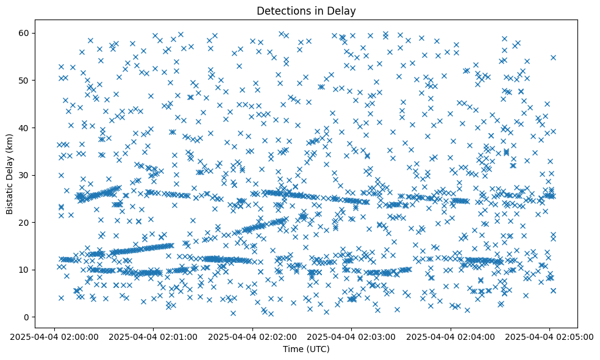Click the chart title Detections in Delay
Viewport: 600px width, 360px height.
tap(306, 10)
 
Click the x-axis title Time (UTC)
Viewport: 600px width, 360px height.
tap(306, 349)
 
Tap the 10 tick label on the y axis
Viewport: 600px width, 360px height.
tap(25, 270)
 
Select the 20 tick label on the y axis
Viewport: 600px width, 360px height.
tap(25, 222)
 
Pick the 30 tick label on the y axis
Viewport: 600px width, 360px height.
tap(25, 175)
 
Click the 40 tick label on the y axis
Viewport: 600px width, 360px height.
tap(25, 128)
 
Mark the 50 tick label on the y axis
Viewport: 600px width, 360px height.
tap(25, 80)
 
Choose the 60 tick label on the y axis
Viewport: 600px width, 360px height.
tap(25, 33)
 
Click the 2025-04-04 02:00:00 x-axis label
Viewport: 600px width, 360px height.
tap(55, 336)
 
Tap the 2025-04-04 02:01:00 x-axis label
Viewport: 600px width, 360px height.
tap(154, 336)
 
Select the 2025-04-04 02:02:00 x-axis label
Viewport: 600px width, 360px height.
tap(252, 336)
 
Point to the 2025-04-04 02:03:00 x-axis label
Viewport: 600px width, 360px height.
tap(351, 336)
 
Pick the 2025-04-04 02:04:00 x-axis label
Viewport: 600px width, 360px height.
tap(451, 336)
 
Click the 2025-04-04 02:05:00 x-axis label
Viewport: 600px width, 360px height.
tap(549, 336)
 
